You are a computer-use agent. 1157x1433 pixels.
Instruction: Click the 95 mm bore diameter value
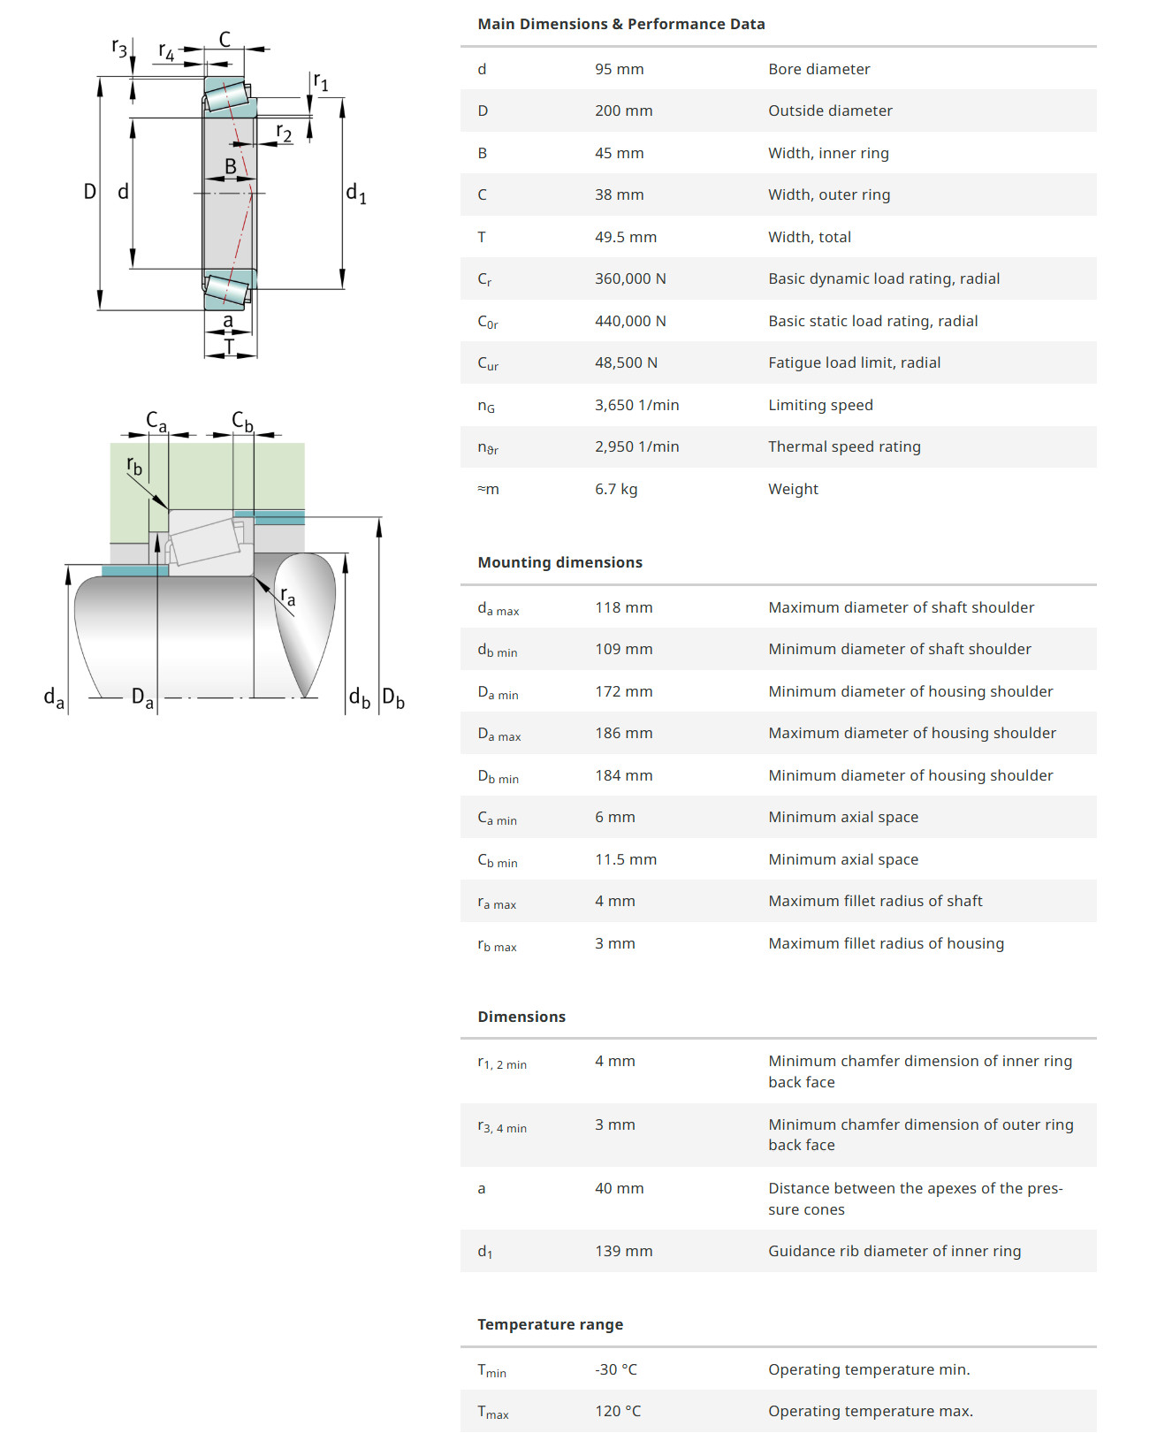click(x=619, y=69)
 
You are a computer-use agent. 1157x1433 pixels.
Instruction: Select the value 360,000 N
click(x=630, y=278)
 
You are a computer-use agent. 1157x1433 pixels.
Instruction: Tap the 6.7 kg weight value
click(x=616, y=489)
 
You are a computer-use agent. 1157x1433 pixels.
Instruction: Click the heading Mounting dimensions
click(x=559, y=562)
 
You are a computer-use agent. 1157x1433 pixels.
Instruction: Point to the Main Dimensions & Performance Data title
click(x=620, y=24)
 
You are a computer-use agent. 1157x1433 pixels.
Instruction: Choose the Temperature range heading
click(x=550, y=1324)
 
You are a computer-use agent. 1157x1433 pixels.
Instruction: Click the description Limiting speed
click(x=819, y=405)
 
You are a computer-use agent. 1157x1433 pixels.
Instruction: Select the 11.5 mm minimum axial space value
click(x=625, y=859)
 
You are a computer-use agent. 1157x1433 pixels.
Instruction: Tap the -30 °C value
click(x=615, y=1369)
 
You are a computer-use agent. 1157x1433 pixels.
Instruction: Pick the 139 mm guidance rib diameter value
click(x=623, y=1251)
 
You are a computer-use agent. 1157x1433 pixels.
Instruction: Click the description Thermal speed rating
click(x=843, y=446)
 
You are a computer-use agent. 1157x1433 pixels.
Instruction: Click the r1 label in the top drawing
click(x=321, y=82)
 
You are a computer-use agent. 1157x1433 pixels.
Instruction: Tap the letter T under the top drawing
click(x=229, y=347)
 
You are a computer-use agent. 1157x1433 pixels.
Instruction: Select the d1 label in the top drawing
click(x=355, y=194)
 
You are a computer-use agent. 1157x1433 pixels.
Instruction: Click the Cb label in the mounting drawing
click(x=242, y=421)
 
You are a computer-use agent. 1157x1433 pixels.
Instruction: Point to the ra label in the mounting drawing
click(x=287, y=597)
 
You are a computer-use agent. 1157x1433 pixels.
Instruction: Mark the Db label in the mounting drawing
click(x=393, y=697)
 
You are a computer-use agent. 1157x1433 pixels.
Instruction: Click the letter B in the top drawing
click(x=231, y=166)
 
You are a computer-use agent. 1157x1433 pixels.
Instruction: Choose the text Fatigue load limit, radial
click(x=853, y=362)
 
